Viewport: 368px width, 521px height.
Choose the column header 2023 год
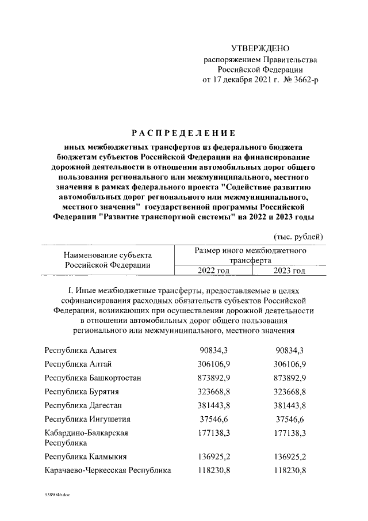click(290, 271)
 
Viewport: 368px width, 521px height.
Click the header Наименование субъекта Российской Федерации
click(108, 260)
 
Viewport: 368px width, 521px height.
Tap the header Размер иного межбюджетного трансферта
click(250, 256)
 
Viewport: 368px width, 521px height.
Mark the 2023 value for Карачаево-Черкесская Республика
click(290, 470)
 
